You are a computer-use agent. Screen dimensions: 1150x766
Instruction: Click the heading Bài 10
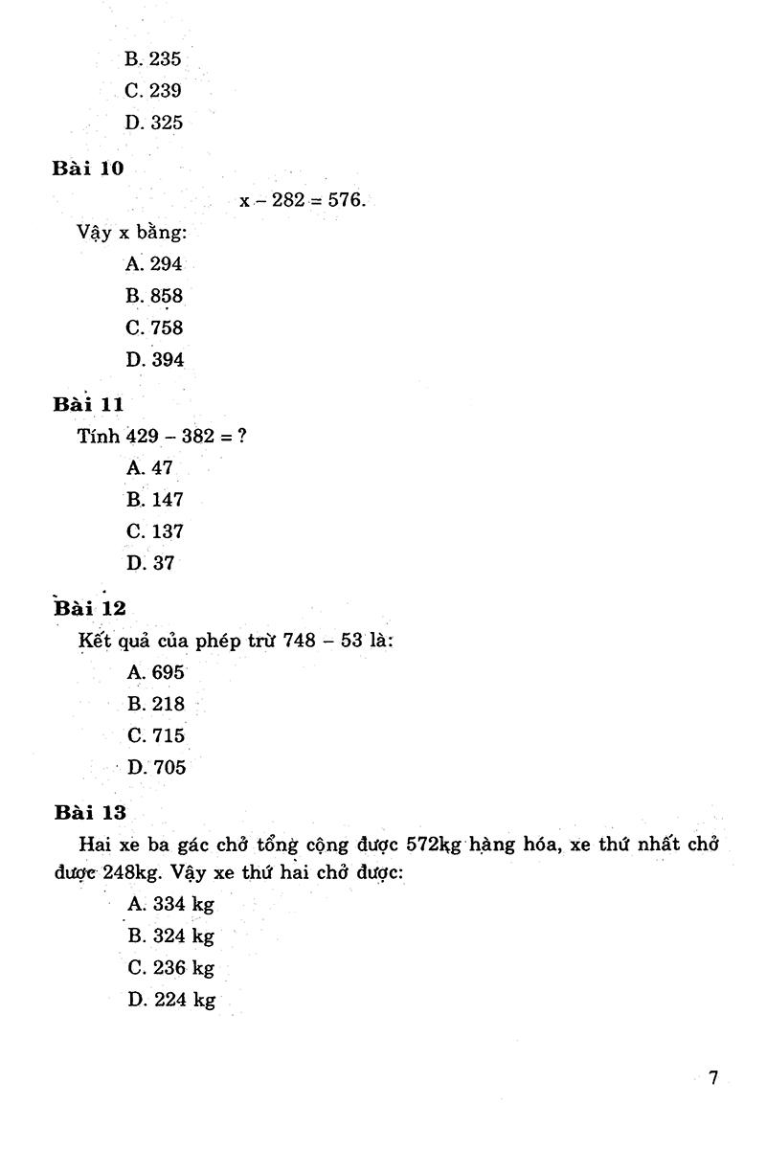tap(88, 168)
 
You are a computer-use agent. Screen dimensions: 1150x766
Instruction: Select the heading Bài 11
tap(88, 404)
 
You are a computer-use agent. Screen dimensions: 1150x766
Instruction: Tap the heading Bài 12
tap(90, 608)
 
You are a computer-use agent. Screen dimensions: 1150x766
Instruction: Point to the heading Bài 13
tap(90, 813)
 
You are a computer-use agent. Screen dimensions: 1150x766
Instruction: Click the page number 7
tap(712, 1078)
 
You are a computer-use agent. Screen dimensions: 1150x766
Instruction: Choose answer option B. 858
tap(153, 296)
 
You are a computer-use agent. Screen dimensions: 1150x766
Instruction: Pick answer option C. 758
tap(153, 327)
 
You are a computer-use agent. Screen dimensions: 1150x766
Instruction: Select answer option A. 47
tap(149, 468)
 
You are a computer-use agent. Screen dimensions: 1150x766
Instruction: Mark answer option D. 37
tap(150, 563)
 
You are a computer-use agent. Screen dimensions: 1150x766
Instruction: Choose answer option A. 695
tap(155, 672)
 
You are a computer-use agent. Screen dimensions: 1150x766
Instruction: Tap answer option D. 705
tap(156, 767)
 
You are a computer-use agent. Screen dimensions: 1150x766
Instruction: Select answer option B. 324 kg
tap(170, 936)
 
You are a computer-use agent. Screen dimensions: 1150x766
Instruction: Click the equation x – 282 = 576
tap(302, 201)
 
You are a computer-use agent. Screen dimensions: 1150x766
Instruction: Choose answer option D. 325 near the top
tap(153, 123)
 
